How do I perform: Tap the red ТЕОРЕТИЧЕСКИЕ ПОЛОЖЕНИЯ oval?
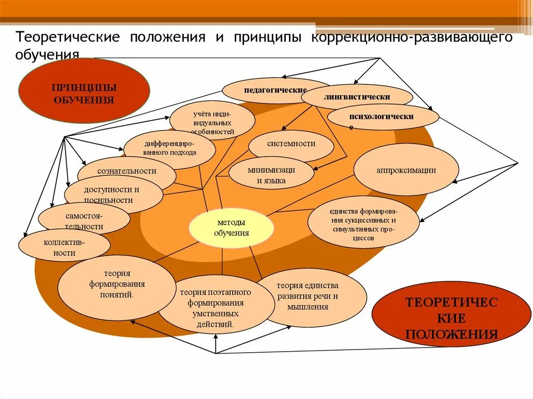pyautogui.click(x=451, y=317)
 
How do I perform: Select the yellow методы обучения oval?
pyautogui.click(x=231, y=228)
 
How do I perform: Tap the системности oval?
pyautogui.click(x=291, y=144)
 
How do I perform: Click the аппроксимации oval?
pyautogui.click(x=406, y=170)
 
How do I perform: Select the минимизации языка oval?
pyautogui.click(x=271, y=175)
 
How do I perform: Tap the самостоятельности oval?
pyautogui.click(x=83, y=220)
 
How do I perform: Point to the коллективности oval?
pyautogui.click(x=64, y=247)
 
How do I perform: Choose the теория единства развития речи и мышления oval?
pyautogui.click(x=310, y=297)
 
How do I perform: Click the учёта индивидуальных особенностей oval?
pyautogui.click(x=212, y=121)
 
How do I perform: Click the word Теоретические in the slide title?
pyautogui.click(x=68, y=38)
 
